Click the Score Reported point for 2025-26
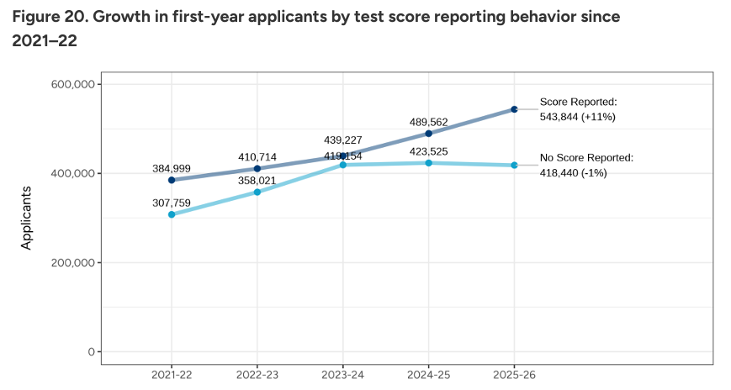514,109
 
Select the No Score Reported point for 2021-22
172,214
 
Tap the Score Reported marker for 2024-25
428,134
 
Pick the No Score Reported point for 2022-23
257,192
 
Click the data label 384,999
172,169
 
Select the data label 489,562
428,121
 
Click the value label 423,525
428,151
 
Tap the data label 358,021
257,180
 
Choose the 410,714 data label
257,157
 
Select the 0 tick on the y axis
89,351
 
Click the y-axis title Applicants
27,218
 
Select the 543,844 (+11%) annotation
578,117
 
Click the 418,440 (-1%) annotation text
573,172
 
